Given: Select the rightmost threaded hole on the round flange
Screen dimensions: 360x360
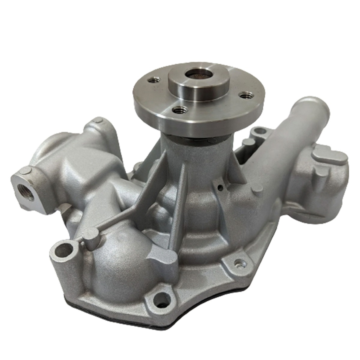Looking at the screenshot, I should coord(247,95).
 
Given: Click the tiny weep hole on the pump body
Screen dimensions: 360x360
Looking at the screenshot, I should coord(220,189).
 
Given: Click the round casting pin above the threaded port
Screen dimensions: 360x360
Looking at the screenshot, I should coord(25,171).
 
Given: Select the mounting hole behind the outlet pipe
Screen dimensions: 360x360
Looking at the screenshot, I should coord(259,131).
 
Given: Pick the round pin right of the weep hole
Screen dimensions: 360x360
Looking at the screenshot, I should coord(257,188).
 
